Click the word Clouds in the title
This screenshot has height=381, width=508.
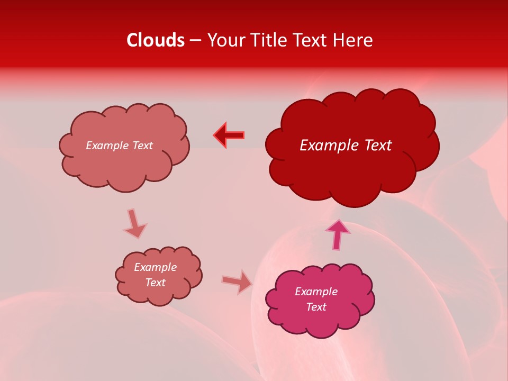(x=156, y=40)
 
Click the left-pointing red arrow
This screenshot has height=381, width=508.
(x=229, y=135)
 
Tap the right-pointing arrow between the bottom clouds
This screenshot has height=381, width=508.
(x=237, y=282)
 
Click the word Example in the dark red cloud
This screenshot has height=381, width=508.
(x=327, y=146)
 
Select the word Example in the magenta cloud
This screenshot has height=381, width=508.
(x=316, y=292)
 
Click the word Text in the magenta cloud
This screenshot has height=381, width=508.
(x=316, y=307)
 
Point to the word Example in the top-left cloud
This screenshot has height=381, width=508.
(x=107, y=146)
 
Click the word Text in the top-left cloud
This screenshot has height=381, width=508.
(x=142, y=146)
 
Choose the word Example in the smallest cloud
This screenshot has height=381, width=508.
(x=155, y=267)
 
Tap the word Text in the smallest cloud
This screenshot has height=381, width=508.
(x=155, y=283)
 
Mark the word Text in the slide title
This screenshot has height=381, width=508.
(x=313, y=40)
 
